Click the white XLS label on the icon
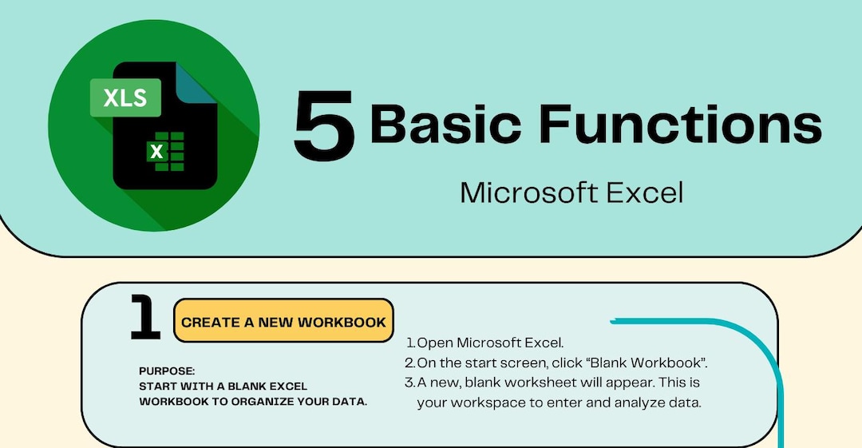(125, 97)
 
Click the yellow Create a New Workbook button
(283, 322)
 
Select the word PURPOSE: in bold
(166, 371)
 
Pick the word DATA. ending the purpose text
(348, 402)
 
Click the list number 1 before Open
(410, 343)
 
